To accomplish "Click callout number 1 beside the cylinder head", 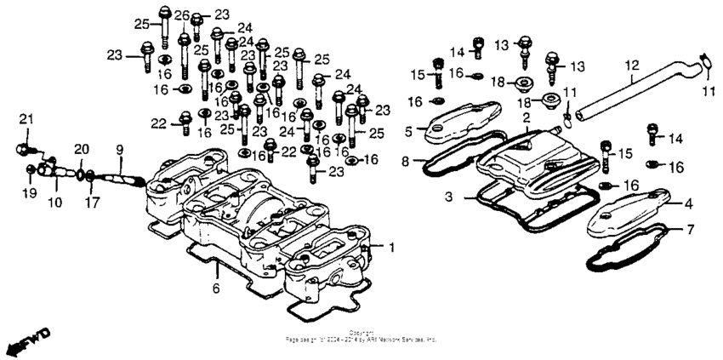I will coord(392,248).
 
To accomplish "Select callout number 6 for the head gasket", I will coord(216,289).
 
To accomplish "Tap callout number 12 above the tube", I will coord(630,65).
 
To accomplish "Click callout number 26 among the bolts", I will coord(181,16).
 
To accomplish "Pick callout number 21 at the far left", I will coord(25,117).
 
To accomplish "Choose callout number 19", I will coord(29,194).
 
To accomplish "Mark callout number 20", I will coord(80,149).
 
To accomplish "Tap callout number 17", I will coord(91,202).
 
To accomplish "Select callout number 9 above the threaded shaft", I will coord(119,150).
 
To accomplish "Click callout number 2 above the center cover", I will coord(527,116).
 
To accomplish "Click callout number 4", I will coord(689,203).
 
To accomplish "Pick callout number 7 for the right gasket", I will coord(690,230).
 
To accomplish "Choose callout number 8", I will coord(406,160).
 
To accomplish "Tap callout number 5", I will coord(409,130).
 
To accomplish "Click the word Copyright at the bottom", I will coord(361,332).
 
